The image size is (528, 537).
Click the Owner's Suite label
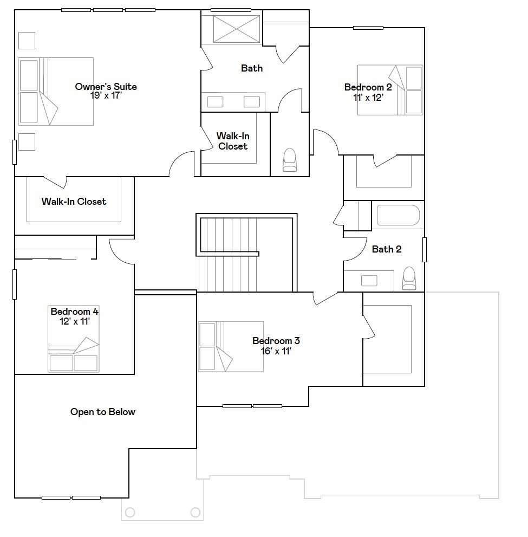[x=106, y=87]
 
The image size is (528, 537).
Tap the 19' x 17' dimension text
[x=106, y=95]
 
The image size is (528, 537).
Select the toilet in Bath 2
[x=409, y=277]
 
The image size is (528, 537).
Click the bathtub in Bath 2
[x=398, y=215]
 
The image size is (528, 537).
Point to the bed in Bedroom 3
[x=231, y=347]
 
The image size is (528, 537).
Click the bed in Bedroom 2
[x=389, y=90]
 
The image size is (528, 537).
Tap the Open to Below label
[x=103, y=412]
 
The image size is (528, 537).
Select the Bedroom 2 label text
[x=368, y=87]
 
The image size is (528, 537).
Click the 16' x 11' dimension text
[x=276, y=351]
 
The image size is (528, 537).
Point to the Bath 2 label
[x=387, y=249]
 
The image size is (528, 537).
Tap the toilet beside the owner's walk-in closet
[x=290, y=160]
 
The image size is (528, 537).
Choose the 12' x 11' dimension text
[x=74, y=321]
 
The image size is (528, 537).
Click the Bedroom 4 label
[x=74, y=312]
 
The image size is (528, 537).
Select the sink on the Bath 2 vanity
[x=369, y=280]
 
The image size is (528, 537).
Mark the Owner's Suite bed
[x=56, y=91]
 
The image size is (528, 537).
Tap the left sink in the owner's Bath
[x=216, y=101]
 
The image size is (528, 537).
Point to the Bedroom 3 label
[x=276, y=341]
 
